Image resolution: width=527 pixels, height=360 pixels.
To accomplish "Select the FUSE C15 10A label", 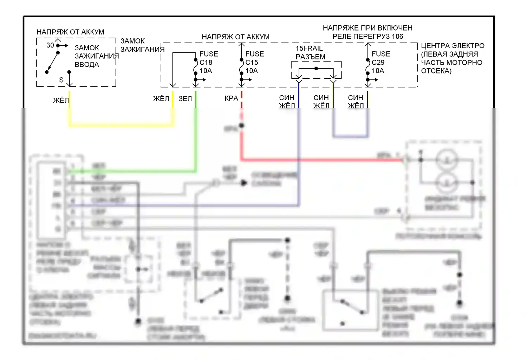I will [x=254, y=62].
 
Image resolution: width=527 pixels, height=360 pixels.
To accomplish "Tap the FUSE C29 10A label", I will [x=381, y=62].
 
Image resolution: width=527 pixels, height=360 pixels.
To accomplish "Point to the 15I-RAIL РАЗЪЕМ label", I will [x=310, y=52].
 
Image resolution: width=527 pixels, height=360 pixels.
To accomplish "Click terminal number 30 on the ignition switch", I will [x=50, y=45].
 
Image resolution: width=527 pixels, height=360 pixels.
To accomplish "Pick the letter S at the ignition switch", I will [x=61, y=80].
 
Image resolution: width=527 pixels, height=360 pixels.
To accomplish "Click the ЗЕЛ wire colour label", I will [x=185, y=99].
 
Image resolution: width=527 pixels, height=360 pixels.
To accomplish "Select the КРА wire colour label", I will [x=231, y=99].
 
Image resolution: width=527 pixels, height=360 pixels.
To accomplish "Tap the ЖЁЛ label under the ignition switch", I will [x=60, y=101].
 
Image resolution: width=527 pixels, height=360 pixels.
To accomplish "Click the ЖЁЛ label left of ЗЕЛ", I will [x=161, y=99].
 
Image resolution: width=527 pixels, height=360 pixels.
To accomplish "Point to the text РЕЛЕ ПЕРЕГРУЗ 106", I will [x=367, y=37].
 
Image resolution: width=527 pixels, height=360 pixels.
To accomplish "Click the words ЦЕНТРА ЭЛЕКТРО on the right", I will [x=453, y=46].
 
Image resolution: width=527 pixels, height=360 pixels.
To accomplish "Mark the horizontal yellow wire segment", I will [x=121, y=124].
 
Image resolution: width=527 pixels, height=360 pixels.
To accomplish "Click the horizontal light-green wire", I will [x=134, y=171].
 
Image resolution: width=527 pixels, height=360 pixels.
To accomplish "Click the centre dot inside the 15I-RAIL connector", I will [x=316, y=69].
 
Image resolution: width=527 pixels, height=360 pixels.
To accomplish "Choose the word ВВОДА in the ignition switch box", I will [x=87, y=65].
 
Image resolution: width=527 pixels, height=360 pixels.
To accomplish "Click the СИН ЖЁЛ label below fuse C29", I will [x=356, y=102].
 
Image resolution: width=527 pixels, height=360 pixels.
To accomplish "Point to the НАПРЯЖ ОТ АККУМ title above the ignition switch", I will [x=70, y=32].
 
